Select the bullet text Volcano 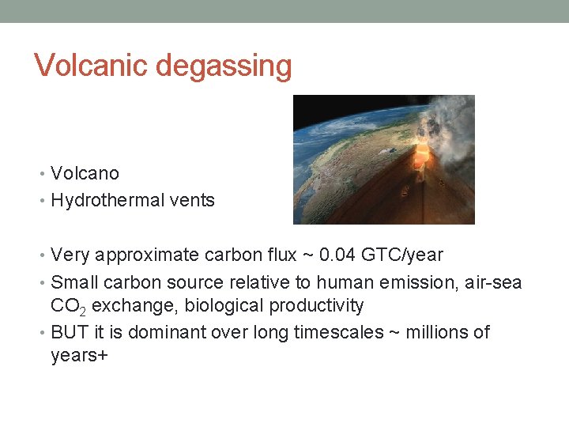pyautogui.click(x=85, y=173)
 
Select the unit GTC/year pyautogui.click(x=405, y=255)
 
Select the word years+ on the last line pyautogui.click(x=79, y=356)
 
